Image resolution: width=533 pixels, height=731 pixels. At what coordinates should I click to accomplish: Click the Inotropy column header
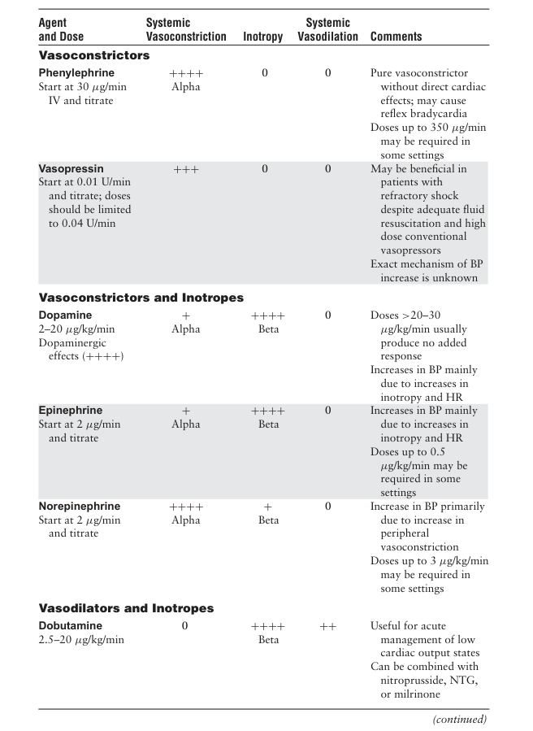click(x=263, y=37)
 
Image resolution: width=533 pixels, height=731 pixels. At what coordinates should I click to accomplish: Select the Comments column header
click(x=396, y=37)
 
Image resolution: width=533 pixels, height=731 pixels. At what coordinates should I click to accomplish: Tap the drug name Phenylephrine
click(x=76, y=73)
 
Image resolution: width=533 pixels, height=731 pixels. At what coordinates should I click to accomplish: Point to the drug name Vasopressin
click(x=71, y=169)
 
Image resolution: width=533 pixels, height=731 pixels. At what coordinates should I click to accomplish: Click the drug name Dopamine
click(x=65, y=315)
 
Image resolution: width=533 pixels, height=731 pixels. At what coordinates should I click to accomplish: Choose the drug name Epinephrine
click(x=71, y=411)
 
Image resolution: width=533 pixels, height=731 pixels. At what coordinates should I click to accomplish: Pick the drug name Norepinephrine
click(x=80, y=507)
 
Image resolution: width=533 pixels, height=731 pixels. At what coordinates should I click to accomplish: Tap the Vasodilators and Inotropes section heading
click(x=127, y=608)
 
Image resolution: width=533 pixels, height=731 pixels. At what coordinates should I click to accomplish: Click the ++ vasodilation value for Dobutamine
click(x=327, y=626)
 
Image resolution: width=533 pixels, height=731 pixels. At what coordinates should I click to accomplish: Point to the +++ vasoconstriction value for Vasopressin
click(x=186, y=170)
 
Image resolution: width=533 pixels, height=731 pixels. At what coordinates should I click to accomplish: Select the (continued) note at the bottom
click(x=460, y=719)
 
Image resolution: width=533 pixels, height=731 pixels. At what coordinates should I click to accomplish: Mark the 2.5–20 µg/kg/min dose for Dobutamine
click(x=80, y=640)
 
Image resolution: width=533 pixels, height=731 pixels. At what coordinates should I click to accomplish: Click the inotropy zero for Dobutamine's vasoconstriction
click(x=185, y=626)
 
